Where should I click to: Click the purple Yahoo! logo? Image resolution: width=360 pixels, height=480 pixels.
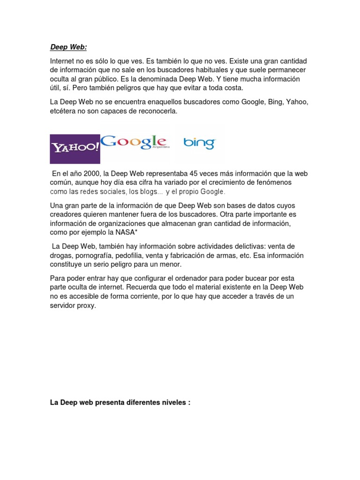point(75,149)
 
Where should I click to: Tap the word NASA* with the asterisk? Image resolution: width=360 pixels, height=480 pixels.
point(126,232)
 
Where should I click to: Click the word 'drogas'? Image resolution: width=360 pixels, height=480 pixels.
point(60,255)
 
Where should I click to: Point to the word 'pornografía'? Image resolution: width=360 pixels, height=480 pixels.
point(93,255)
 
